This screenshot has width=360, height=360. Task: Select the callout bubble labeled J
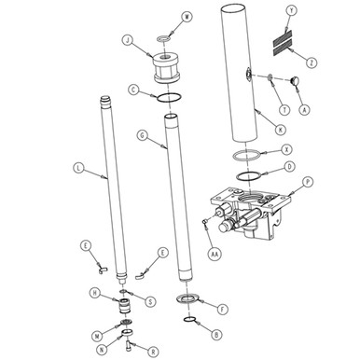[x=126, y=39]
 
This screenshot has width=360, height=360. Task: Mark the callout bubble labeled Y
[x=317, y=10]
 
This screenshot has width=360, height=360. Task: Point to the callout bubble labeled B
[x=216, y=334]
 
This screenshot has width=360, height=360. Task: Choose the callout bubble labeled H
[x=95, y=294]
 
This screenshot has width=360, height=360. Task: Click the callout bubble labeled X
[x=287, y=149]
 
